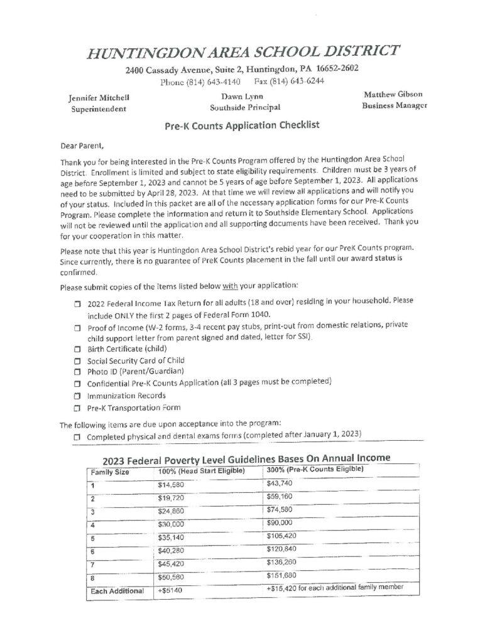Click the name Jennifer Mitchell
99,98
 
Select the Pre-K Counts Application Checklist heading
242,125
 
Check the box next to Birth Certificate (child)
77,349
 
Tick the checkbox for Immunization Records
77,396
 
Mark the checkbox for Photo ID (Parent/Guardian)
77,372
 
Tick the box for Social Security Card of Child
77,361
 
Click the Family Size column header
110,471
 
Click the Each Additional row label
117,591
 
